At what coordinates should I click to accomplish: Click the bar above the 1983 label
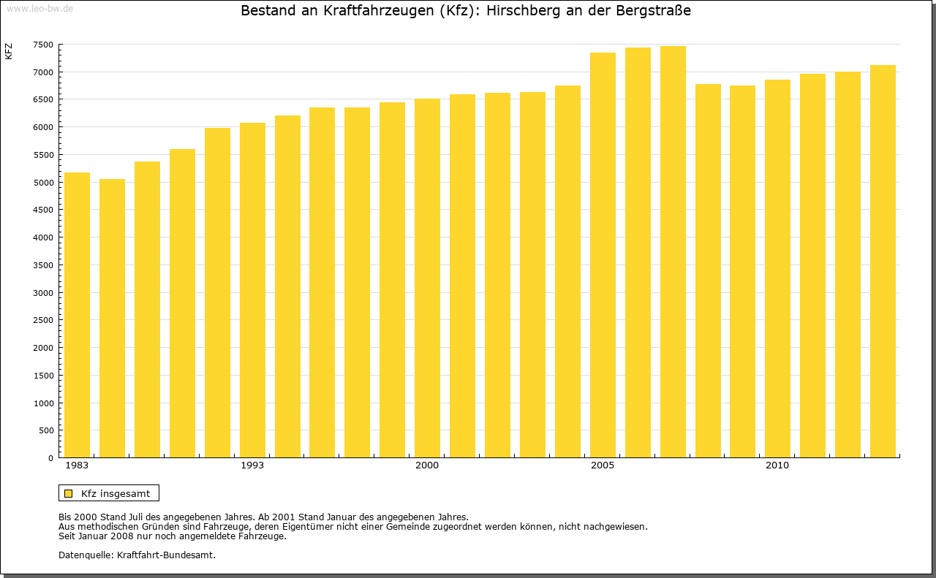click(x=77, y=314)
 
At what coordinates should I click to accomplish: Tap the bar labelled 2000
click(x=427, y=278)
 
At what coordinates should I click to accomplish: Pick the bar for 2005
click(x=603, y=255)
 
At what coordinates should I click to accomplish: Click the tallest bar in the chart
click(x=673, y=251)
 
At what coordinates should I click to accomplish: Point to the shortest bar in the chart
click(x=112, y=318)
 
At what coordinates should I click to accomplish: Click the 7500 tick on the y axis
click(x=43, y=45)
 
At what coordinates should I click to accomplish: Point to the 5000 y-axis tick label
click(x=43, y=182)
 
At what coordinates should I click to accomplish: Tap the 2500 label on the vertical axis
click(x=43, y=320)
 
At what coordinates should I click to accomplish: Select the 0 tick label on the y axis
click(x=50, y=458)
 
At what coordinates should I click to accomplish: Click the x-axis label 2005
click(x=603, y=465)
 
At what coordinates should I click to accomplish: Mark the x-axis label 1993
click(x=252, y=465)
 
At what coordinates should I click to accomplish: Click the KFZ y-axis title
click(x=9, y=51)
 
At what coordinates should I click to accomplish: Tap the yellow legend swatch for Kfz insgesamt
click(x=69, y=493)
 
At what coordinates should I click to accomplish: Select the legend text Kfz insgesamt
click(x=116, y=493)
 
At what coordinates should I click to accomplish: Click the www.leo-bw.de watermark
click(x=39, y=8)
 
